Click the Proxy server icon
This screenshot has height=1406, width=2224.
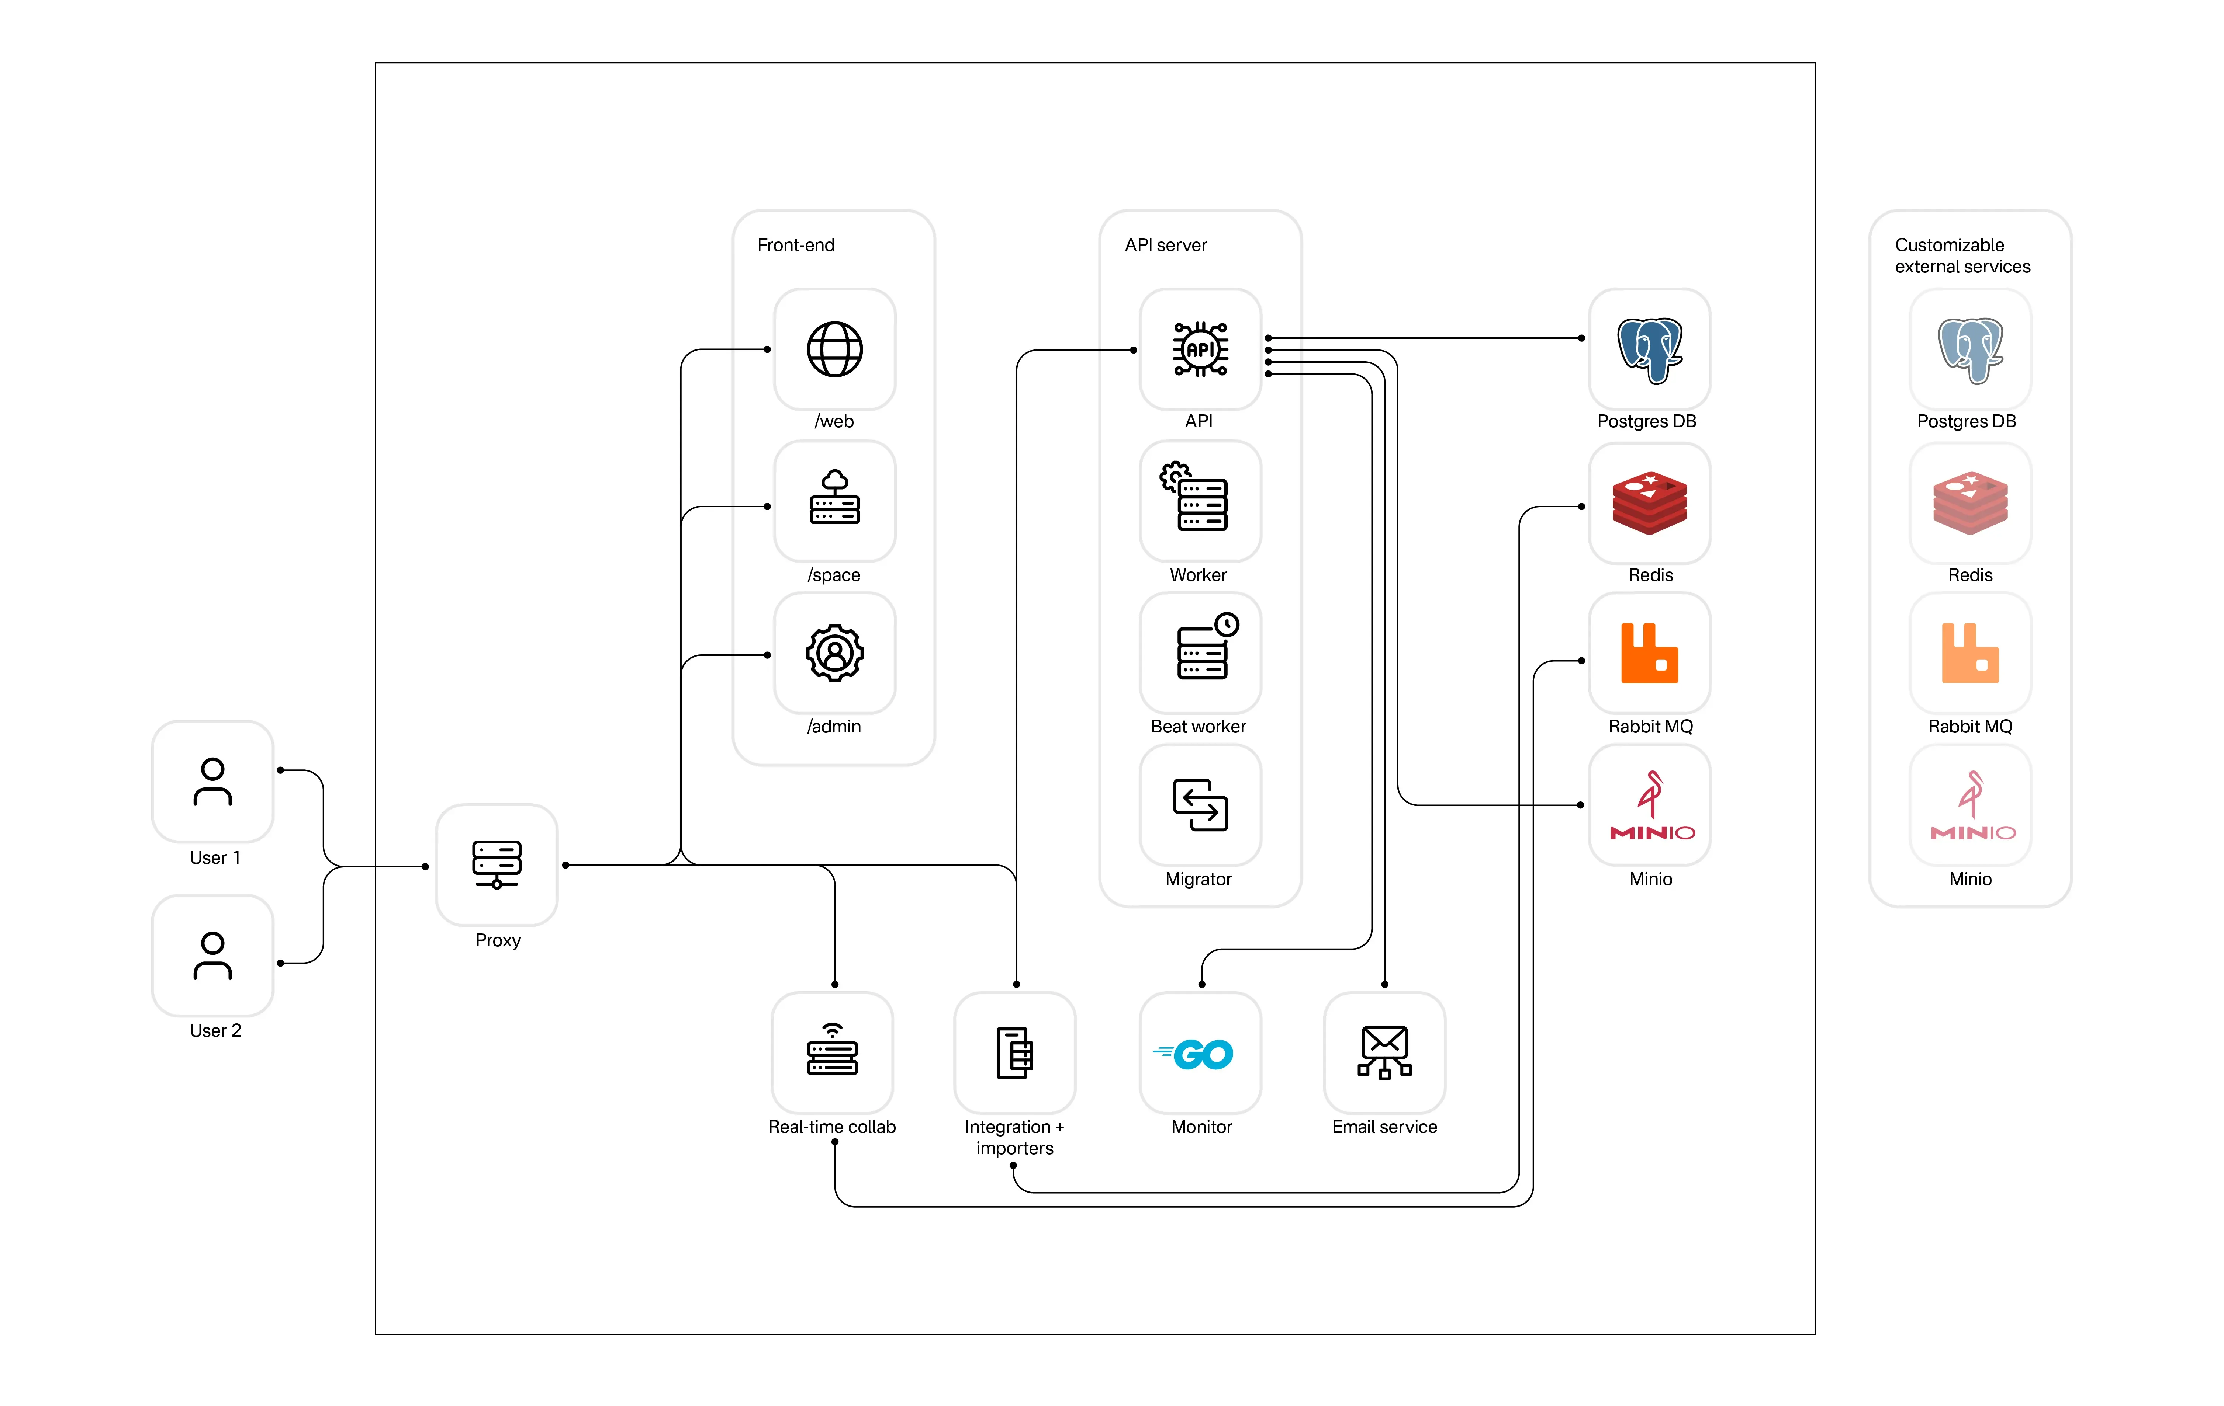pos(497,864)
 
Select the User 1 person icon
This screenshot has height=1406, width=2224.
pos(212,782)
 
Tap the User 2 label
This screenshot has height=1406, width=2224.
pos(215,1030)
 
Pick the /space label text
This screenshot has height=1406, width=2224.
pos(834,575)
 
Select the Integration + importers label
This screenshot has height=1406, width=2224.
pos(1014,1137)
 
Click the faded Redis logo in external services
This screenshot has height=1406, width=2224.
pos(1970,503)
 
